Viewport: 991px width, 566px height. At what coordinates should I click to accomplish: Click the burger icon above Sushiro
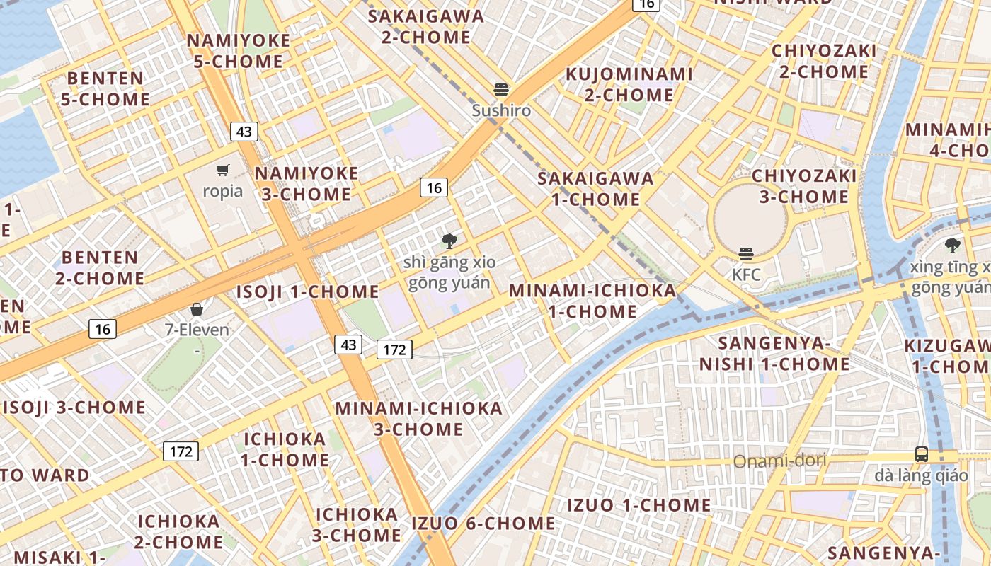[x=501, y=90]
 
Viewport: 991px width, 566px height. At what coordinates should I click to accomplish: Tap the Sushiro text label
[x=501, y=110]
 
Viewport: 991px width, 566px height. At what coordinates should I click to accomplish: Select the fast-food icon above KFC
[x=746, y=253]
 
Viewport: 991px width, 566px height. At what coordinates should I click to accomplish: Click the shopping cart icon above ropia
[x=223, y=170]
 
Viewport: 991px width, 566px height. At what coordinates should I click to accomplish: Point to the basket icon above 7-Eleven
[x=197, y=309]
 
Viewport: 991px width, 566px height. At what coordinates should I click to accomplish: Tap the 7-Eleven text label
[x=197, y=330]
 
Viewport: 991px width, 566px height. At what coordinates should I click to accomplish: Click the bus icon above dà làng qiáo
[x=921, y=454]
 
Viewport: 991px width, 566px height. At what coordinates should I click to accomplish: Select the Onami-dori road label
[x=779, y=461]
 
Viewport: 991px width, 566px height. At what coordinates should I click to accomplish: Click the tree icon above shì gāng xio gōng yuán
[x=449, y=241]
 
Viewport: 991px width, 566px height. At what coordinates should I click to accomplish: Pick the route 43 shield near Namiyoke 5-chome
[x=244, y=132]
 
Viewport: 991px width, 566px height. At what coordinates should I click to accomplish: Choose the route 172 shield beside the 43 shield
[x=394, y=349]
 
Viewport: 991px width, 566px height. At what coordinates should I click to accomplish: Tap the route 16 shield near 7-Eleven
[x=103, y=329]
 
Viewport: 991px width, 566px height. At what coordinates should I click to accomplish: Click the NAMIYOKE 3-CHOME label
[x=307, y=184]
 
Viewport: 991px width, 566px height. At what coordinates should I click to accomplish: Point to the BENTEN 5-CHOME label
[x=105, y=88]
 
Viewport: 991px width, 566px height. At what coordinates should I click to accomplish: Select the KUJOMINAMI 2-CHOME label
[x=629, y=84]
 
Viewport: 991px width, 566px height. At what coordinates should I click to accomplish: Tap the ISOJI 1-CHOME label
[x=307, y=291]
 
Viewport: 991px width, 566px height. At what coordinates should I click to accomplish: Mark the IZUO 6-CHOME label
[x=483, y=524]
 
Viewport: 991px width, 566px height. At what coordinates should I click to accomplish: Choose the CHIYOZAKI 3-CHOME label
[x=804, y=186]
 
